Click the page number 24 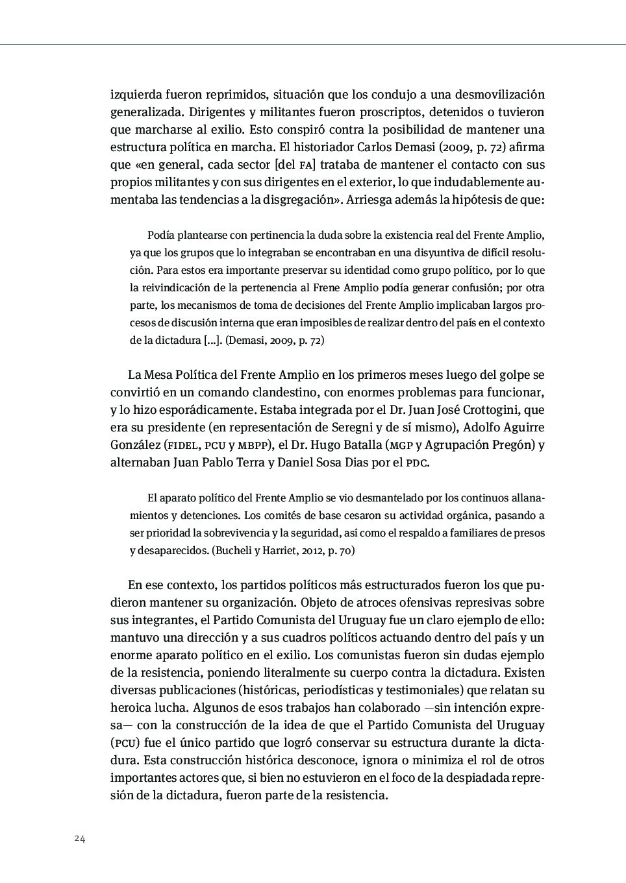[x=80, y=838]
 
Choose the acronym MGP [x=401, y=446]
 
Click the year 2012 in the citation [x=313, y=551]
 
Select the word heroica [x=131, y=708]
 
